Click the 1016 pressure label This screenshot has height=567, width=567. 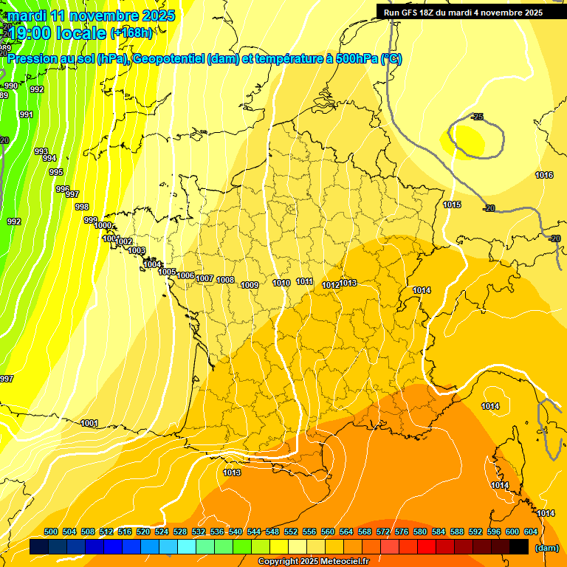pos(544,175)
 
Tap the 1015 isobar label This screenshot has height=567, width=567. pos(453,205)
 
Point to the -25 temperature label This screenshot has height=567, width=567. pos(477,117)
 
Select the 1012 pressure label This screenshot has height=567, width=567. pos(331,285)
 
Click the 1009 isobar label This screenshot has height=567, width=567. pos(250,285)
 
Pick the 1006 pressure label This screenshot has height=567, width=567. pos(186,276)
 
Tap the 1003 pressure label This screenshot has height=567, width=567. pos(137,251)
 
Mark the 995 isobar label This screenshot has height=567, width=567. pos(56,172)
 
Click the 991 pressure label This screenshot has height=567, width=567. pos(26,114)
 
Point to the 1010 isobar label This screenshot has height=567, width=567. pos(281,283)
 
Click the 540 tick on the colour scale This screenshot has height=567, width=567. pos(236,532)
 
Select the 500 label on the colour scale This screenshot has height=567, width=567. pos(51,532)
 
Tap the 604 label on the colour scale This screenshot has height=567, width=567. pos(531,532)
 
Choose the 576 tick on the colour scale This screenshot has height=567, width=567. pos(402,532)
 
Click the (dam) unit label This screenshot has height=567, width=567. pos(547,548)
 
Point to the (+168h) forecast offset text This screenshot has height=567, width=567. pos(131,32)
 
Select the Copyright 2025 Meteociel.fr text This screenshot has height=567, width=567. pos(314,561)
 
